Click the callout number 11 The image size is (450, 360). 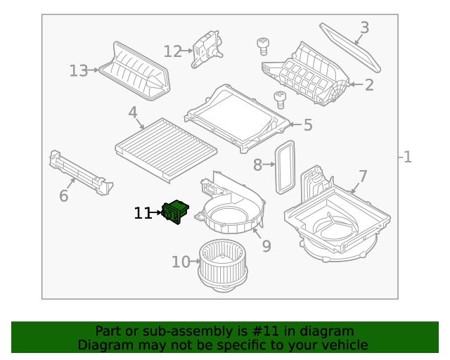click(143, 213)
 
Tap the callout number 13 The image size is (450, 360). click(79, 71)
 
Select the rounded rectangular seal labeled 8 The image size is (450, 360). click(284, 166)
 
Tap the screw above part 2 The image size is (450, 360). click(263, 47)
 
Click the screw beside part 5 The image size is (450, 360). click(280, 99)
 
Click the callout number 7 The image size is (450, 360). click(363, 175)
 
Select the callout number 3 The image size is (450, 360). click(364, 28)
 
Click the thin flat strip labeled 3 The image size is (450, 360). click(349, 47)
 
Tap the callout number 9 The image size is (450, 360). click(266, 246)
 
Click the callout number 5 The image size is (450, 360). click(307, 125)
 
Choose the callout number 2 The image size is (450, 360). click(369, 86)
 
